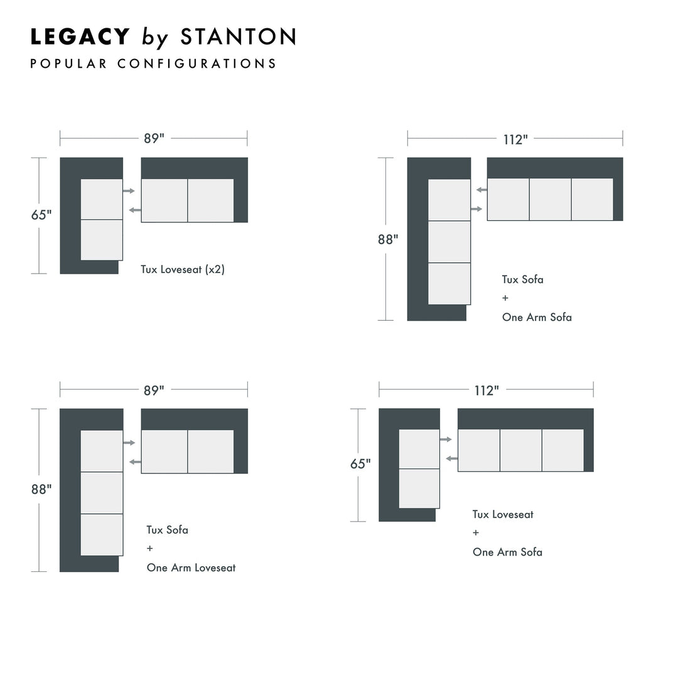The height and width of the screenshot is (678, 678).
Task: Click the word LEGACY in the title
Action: click(80, 37)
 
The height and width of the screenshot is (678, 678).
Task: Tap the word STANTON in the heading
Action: click(237, 37)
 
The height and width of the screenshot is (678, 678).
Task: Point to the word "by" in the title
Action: click(155, 38)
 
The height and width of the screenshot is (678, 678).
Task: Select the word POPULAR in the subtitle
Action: click(68, 63)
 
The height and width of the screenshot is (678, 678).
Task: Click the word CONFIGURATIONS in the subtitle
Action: click(196, 63)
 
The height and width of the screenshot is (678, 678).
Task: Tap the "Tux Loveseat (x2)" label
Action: click(183, 270)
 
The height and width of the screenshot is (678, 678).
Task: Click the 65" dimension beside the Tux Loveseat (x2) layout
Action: click(41, 215)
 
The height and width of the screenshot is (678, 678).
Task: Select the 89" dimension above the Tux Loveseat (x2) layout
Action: click(154, 139)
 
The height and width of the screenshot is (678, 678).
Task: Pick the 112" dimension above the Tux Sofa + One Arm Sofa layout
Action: click(515, 139)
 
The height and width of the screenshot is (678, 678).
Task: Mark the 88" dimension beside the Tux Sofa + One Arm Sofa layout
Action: click(388, 240)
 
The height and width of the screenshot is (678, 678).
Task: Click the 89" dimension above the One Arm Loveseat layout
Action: click(154, 390)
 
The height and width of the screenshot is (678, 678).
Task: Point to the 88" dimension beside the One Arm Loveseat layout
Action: click(41, 490)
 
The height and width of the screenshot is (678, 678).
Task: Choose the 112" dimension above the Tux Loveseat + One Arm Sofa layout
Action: click(487, 390)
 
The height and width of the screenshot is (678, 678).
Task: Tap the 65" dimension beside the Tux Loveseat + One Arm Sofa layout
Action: click(360, 464)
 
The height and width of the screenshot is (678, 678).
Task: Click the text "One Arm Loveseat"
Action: click(191, 568)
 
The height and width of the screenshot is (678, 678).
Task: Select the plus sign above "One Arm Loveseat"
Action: click(150, 549)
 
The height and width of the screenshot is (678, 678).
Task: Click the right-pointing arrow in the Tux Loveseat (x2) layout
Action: click(129, 190)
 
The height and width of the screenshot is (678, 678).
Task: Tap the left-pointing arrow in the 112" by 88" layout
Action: click(482, 190)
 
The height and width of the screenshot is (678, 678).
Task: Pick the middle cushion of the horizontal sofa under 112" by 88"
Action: click(550, 200)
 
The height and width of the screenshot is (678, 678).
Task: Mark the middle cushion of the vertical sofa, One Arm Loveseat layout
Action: click(102, 493)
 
